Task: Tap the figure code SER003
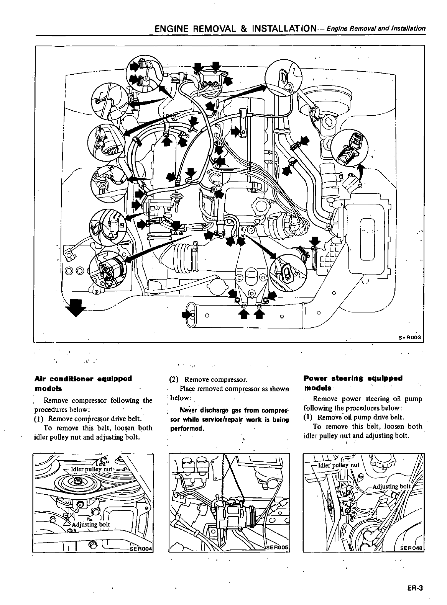(x=410, y=337)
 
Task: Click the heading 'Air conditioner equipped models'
(x=83, y=383)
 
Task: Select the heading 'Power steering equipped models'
(x=353, y=383)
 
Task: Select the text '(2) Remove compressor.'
(x=208, y=379)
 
